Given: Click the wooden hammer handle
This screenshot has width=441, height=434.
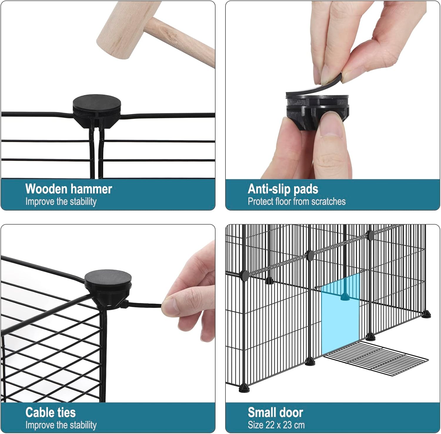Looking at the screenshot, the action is coord(182,41).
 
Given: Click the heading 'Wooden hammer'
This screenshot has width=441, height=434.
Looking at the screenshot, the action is coord(69,189).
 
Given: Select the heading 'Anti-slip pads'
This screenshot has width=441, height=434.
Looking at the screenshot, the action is coord(283,189).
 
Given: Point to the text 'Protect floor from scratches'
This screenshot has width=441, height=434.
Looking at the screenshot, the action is coord(297,202).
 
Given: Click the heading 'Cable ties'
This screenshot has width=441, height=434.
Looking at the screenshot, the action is coord(51,413).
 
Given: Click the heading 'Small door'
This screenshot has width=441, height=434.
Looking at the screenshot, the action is coord(275,413).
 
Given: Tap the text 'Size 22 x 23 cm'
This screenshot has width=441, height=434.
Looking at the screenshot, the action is coord(276,425).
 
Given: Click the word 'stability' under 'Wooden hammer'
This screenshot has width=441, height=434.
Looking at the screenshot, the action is coord(83,202).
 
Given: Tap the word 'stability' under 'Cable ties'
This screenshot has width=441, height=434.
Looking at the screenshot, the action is coord(83,425).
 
